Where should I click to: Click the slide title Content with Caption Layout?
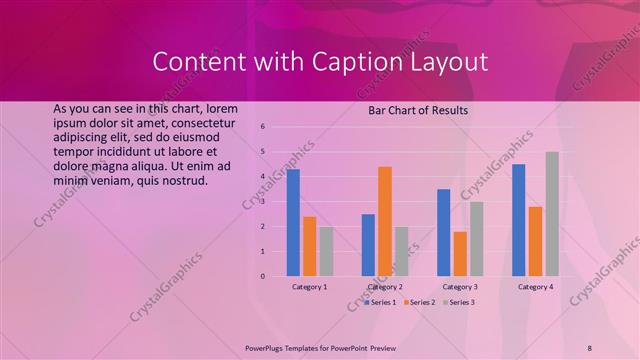(320, 62)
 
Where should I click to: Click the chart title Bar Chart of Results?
(418, 110)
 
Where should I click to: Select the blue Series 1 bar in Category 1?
(293, 222)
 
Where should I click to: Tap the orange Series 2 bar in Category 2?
(385, 221)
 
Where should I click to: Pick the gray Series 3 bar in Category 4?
(552, 214)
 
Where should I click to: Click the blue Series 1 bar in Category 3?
(443, 232)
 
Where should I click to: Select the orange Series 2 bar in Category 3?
(460, 254)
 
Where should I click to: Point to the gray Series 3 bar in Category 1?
(326, 251)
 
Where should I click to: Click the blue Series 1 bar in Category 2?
(368, 245)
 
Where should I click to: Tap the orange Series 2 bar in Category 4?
(535, 241)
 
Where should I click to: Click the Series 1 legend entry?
(380, 301)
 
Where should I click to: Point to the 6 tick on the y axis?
(261, 127)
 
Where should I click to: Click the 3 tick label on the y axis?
(261, 201)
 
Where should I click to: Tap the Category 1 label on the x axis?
(309, 287)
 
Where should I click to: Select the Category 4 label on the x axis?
(535, 287)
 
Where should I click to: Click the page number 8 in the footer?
(590, 347)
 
